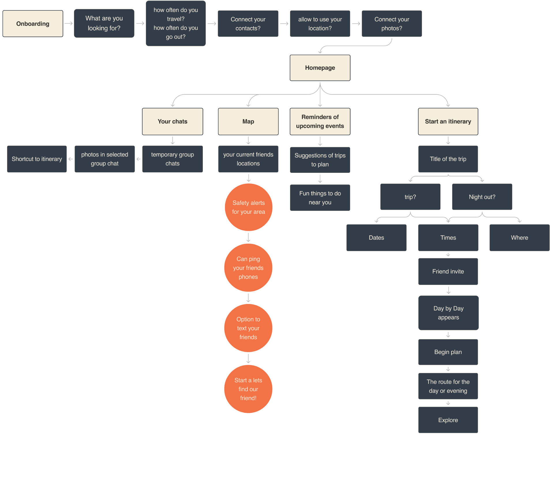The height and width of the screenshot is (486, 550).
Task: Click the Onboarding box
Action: (x=33, y=24)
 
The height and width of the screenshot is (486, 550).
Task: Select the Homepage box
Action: (x=320, y=68)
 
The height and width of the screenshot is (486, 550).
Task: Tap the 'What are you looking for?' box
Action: (x=104, y=23)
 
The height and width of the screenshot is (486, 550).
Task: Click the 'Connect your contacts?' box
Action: (x=248, y=24)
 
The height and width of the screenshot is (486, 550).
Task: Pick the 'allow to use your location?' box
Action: (x=320, y=24)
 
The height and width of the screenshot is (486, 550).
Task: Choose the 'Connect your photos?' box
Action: (x=392, y=24)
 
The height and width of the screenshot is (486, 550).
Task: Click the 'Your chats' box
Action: (x=172, y=121)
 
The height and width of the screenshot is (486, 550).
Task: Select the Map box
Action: (x=248, y=121)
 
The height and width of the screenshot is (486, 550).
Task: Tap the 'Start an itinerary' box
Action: (x=448, y=121)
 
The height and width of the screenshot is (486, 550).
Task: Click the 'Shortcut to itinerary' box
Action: (x=37, y=159)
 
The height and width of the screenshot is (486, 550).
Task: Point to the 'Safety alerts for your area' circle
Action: (x=248, y=207)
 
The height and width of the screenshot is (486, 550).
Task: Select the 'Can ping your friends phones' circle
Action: (x=248, y=268)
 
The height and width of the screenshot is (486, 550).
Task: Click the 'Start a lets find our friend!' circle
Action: (x=248, y=389)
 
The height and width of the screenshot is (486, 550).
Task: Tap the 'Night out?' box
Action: (x=482, y=197)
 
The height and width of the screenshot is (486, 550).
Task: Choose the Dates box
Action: (x=376, y=238)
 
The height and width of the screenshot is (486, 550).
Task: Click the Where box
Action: (x=519, y=238)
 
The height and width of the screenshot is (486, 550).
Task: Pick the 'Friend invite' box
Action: (x=448, y=271)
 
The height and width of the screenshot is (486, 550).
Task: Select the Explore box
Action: (x=448, y=420)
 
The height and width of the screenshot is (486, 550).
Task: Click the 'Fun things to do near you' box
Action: (x=320, y=198)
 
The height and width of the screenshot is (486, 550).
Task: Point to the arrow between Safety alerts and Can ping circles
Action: (x=248, y=237)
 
